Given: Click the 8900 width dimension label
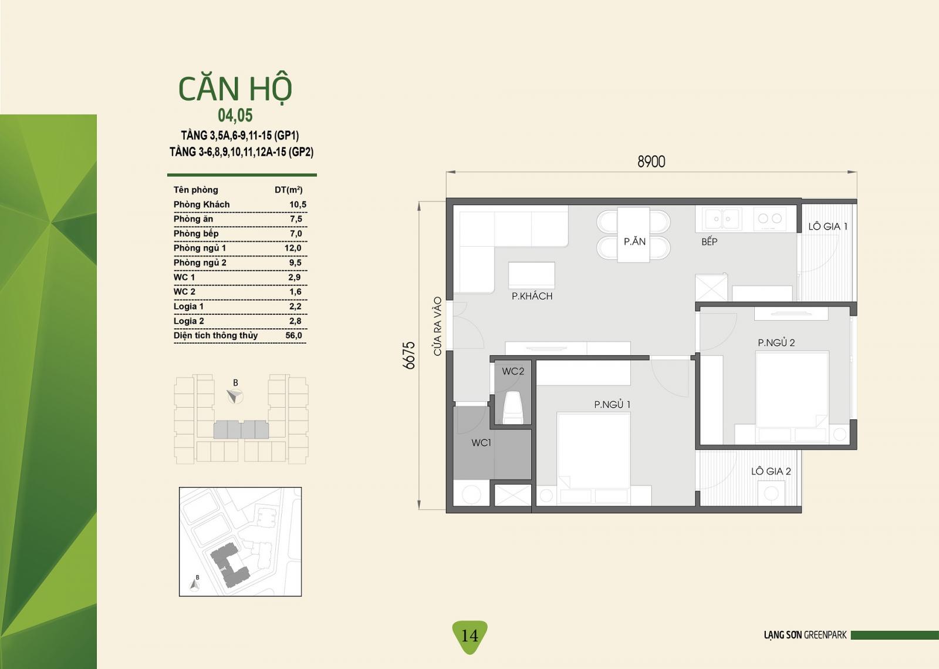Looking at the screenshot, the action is coord(651,162).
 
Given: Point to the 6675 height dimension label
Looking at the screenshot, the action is coord(408,355).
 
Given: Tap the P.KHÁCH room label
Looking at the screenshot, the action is coord(532,296).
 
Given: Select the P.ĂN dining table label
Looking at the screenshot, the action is coord(634,241).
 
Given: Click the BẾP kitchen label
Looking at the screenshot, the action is coord(710,241).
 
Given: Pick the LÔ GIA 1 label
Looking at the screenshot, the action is coord(828,227).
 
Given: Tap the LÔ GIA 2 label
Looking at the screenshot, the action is coord(771,471).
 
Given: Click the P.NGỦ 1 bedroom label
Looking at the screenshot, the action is coord(612,404).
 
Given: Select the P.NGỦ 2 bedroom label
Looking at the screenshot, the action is coord(776,342).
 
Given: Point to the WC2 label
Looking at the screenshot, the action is coord(513,371).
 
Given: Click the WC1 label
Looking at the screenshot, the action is coord(481,442).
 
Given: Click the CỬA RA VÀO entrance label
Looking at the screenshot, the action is coord(438,327).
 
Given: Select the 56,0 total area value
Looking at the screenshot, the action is coord(293,335).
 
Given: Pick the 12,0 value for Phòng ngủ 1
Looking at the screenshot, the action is coord(293,248).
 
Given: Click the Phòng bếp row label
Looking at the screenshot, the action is coord(196,234).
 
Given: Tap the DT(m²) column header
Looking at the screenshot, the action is coord(288,190).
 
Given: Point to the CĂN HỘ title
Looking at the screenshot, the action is coord(235,89).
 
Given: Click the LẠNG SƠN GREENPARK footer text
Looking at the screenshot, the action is coord(805,635).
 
